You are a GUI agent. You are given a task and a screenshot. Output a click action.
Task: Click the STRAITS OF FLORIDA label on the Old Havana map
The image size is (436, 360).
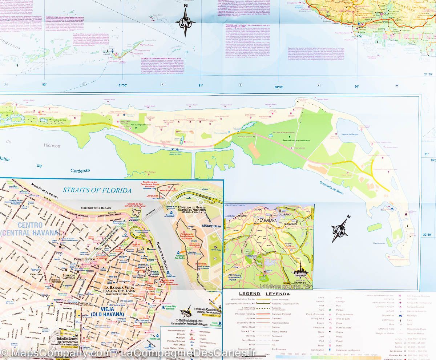coord(97,190)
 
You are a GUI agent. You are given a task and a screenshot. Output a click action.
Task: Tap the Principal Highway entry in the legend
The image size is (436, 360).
coord(245,314)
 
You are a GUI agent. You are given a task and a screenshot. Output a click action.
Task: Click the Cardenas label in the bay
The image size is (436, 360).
coord(78,170)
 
